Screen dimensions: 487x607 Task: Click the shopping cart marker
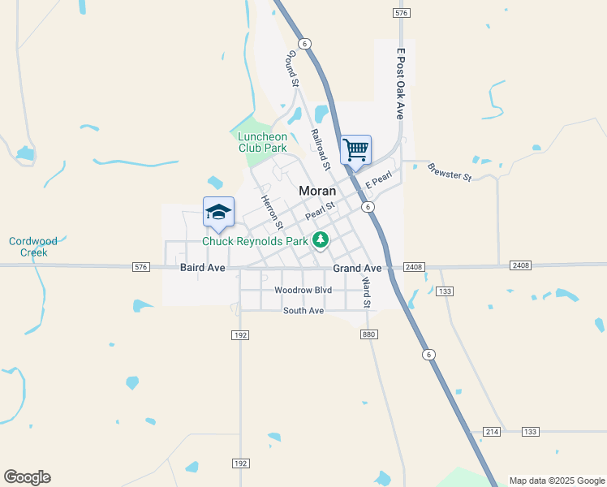355,150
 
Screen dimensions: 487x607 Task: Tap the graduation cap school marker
218,213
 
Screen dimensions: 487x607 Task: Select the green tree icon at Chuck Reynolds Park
321,239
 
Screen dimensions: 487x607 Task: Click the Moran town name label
317,191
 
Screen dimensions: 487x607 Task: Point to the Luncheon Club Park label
263,142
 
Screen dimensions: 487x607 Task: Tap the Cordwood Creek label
28,247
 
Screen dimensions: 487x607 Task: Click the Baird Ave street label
203,267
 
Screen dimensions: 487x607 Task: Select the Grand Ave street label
357,268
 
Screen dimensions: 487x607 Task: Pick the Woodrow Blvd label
303,290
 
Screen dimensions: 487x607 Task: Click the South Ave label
303,311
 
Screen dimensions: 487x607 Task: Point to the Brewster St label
449,171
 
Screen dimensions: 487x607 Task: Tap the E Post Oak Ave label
399,84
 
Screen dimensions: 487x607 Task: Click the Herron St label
271,212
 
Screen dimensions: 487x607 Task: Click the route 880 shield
369,334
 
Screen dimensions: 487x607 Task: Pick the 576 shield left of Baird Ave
141,266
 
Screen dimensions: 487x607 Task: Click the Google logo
27,477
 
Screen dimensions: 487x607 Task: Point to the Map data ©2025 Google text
557,481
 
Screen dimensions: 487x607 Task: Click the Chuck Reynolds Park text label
255,241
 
